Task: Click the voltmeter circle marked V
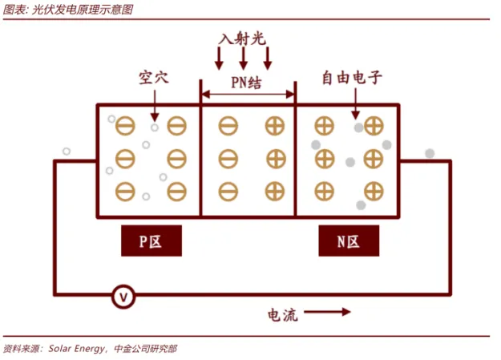pos(123,296)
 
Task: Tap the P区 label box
pos(152,241)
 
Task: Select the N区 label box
pos(348,241)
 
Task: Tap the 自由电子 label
pos(354,79)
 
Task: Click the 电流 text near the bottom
pos(283,315)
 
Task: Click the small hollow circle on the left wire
pos(67,151)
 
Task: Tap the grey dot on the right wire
pos(430,153)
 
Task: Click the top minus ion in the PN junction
pos(228,126)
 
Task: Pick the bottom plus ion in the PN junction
pos(275,191)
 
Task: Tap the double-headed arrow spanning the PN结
pos(247,95)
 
